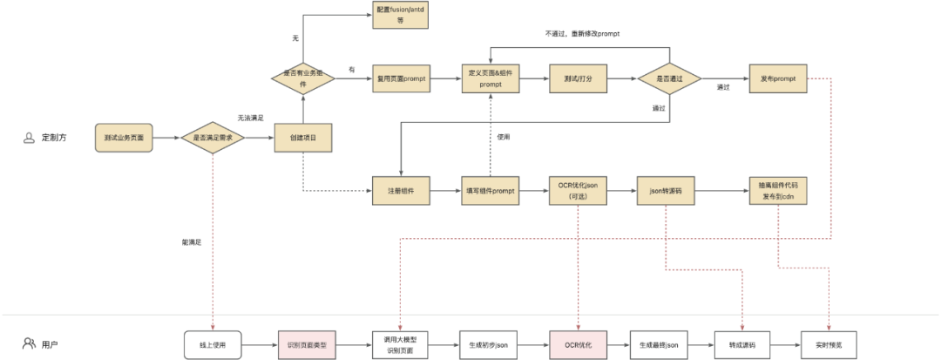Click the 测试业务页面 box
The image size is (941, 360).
(123, 138)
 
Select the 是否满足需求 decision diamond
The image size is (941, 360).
(213, 138)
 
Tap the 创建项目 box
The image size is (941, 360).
(301, 138)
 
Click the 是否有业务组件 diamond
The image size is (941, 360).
(302, 78)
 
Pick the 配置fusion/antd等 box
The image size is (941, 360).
(401, 15)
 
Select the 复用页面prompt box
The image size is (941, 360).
(401, 78)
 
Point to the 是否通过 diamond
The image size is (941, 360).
(668, 78)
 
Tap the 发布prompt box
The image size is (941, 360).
(778, 78)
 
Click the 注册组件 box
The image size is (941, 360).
(401, 190)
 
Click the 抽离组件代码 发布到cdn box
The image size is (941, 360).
(778, 190)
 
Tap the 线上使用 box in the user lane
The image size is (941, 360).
(213, 345)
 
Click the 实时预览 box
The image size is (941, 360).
(828, 345)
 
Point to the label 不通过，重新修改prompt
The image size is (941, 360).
(582, 33)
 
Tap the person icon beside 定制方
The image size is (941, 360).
(28, 138)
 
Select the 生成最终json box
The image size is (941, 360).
(658, 345)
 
